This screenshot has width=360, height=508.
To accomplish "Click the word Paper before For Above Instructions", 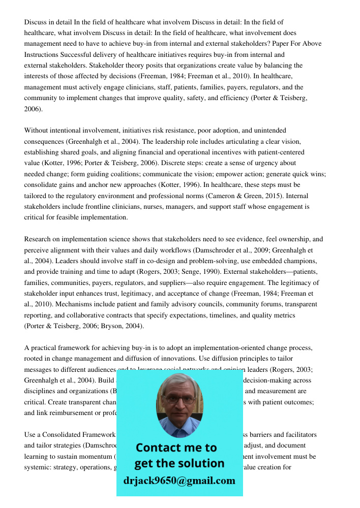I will (278, 44).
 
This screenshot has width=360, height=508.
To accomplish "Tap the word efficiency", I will (230, 98).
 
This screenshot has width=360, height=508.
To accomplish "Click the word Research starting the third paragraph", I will (39, 239).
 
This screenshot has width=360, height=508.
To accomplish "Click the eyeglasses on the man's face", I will (179, 399).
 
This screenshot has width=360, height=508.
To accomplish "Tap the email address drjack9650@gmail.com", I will (179, 481).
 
